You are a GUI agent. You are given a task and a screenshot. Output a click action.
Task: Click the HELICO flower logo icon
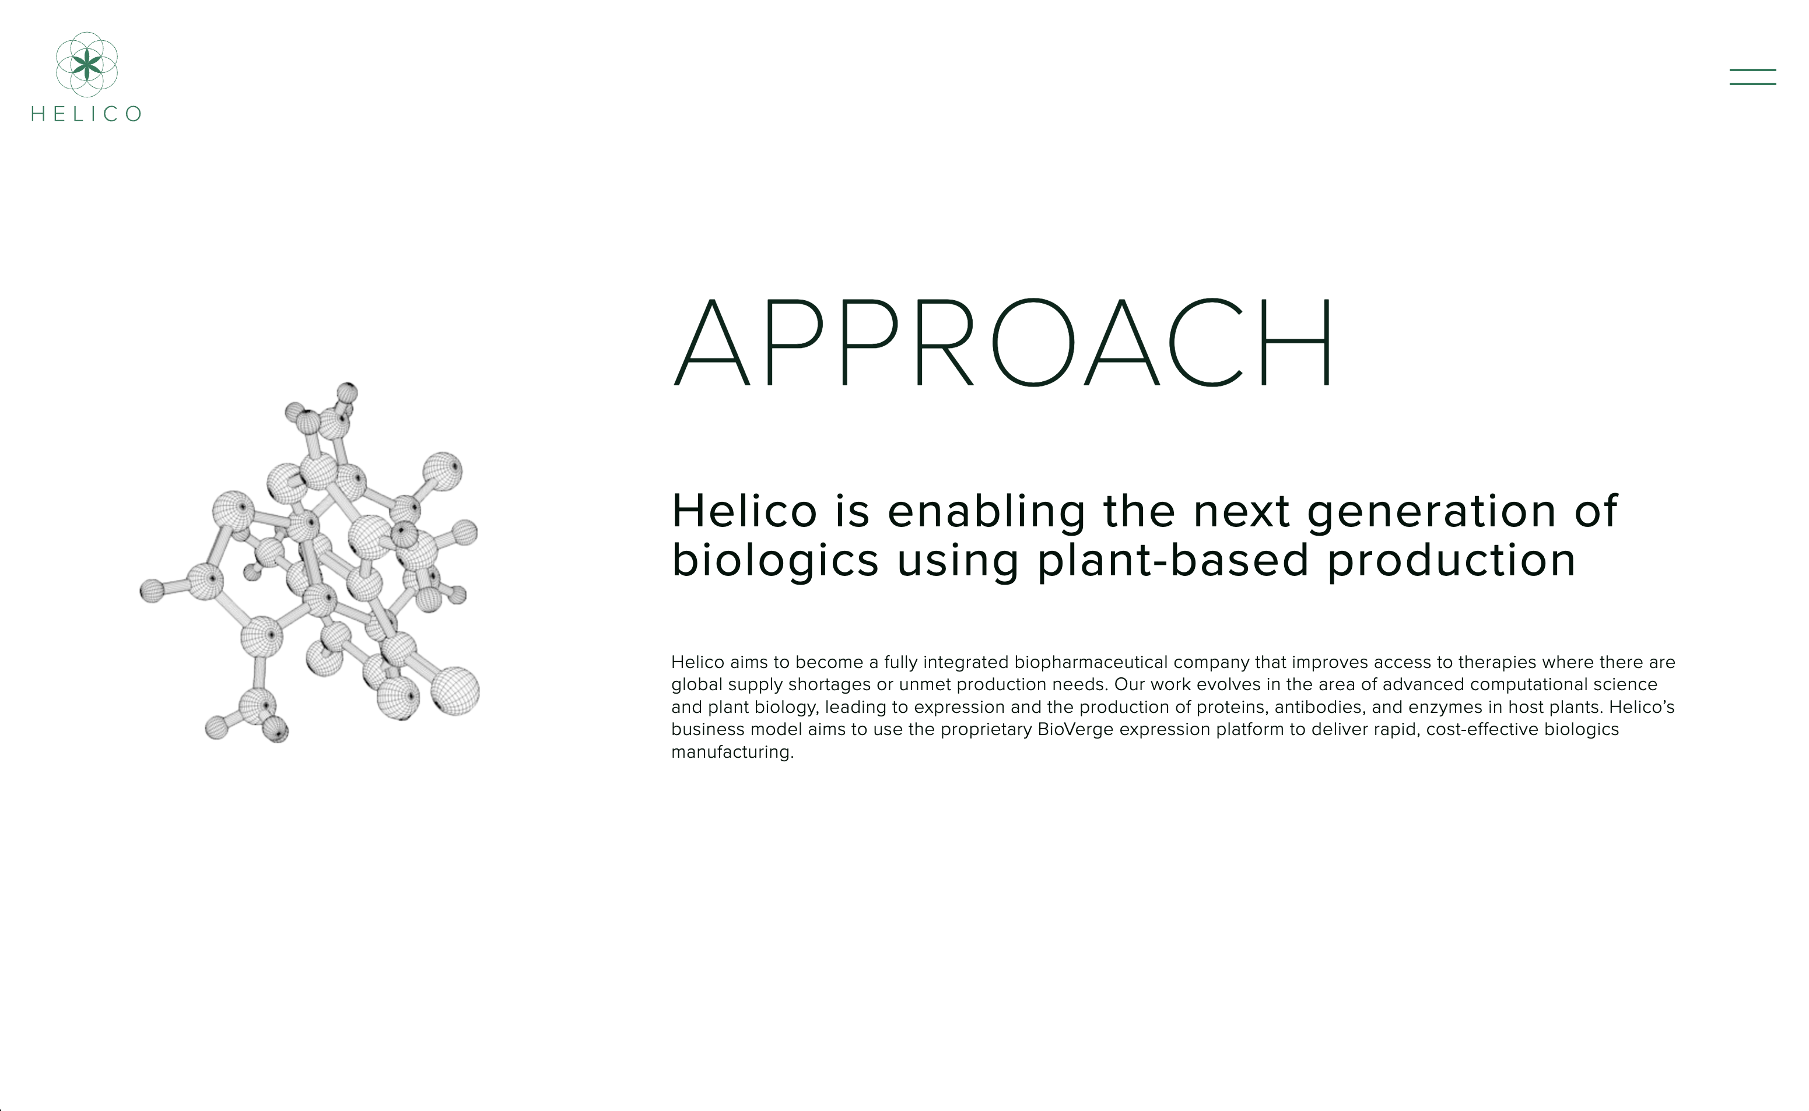coord(87,65)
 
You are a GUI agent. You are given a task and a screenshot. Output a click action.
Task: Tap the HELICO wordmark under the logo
coord(86,114)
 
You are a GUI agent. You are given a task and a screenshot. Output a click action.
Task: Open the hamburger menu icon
coord(1752,76)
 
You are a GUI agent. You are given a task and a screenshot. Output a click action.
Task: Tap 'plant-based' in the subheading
coord(1173,561)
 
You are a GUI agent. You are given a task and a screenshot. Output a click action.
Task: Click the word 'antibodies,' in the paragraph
coord(1320,708)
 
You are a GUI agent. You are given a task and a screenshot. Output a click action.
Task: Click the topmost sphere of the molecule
coord(347,392)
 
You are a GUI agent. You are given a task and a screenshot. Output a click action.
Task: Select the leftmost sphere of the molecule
coord(152,591)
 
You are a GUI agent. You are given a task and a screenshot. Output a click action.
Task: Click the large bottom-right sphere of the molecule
coord(455,691)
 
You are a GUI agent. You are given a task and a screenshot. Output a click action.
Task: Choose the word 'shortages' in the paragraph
coord(829,685)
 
